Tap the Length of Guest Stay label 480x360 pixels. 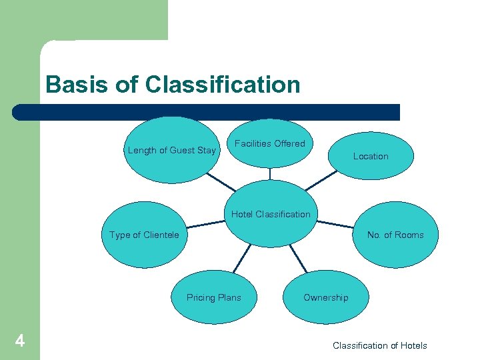coord(171,150)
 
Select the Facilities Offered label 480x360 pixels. coord(270,143)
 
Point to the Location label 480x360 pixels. coord(371,156)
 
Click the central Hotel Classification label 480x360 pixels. coord(271,214)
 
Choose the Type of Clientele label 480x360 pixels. coord(144,235)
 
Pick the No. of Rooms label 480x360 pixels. coord(395,235)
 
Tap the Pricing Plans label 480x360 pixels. coord(214,297)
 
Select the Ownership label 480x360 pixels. coord(325,297)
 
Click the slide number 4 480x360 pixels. coord(20,342)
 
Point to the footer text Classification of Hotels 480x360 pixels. coord(380,345)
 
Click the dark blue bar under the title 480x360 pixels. coord(207,112)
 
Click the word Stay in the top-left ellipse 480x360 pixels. coord(207,150)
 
